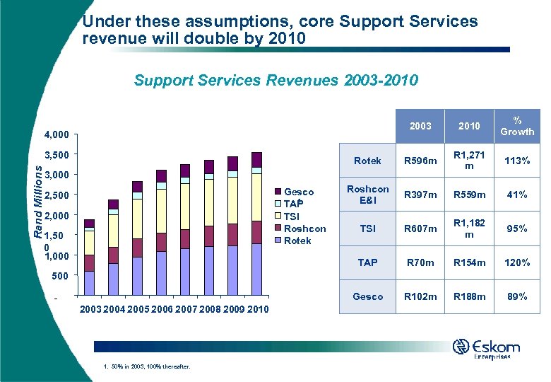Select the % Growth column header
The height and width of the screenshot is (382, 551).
click(517, 126)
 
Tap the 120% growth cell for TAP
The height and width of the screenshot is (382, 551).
click(517, 262)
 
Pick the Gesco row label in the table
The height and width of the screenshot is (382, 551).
click(367, 296)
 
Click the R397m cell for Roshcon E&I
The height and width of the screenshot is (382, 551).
click(420, 195)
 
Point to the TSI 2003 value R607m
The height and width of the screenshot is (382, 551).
click(420, 228)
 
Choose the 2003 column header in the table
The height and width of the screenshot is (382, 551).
click(420, 126)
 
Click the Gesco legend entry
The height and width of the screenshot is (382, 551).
click(298, 192)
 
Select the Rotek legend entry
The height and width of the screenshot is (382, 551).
click(297, 241)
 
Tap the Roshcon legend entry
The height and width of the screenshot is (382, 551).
click(304, 228)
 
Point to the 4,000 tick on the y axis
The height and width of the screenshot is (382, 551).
click(56, 134)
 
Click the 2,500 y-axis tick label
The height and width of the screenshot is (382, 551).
click(56, 195)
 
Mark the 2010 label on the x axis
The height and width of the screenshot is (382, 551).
click(257, 308)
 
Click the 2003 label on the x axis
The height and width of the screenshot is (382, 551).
click(90, 308)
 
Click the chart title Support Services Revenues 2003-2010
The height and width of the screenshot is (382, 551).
click(275, 81)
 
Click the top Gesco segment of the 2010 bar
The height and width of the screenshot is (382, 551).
click(256, 159)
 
